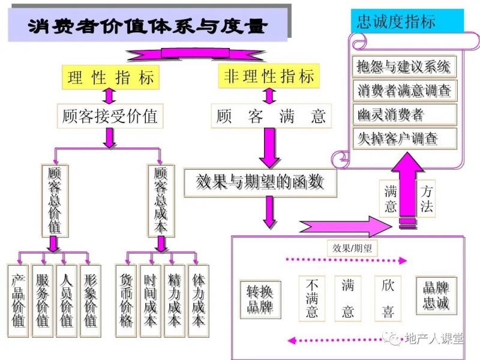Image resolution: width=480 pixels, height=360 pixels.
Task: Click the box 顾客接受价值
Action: pos(110,115)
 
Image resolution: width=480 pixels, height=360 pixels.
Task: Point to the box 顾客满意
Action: pos(271,116)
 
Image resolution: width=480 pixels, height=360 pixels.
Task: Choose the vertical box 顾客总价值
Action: pos(54,200)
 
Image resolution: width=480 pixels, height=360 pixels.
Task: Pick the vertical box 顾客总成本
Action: pos(161,200)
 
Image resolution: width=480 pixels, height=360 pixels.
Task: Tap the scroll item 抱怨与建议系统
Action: pos(403,65)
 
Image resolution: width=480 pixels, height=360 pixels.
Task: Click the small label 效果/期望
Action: pos(352,247)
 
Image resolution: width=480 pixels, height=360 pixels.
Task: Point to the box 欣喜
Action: pos(388,298)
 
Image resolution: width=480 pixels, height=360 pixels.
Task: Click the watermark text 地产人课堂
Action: pos(434,339)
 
